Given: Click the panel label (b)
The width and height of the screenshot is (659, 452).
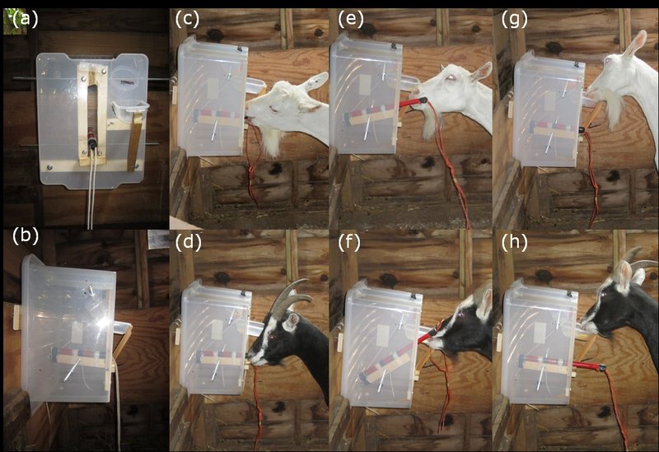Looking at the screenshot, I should coord(23,236).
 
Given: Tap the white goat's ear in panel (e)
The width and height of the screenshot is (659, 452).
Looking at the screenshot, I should coord(480,72).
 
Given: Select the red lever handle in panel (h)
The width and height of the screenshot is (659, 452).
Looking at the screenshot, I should coord(587,366).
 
